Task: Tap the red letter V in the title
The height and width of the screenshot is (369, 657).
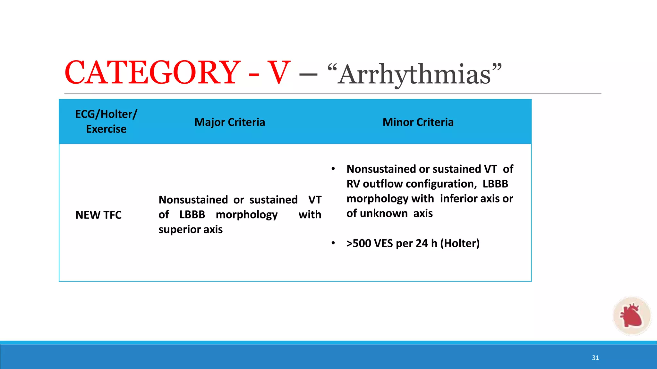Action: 279,73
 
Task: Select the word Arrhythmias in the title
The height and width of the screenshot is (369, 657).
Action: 414,74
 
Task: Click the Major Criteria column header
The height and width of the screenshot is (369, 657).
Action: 230,122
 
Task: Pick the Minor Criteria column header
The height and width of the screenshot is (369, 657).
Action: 418,122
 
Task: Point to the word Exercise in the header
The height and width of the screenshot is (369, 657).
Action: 106,129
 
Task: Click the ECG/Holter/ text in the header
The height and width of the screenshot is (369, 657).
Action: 106,114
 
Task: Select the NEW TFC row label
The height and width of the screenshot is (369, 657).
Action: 98,215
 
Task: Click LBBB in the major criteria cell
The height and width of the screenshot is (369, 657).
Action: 192,214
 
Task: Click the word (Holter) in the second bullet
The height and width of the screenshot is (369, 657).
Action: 460,243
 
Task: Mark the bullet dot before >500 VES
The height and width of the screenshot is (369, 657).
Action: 333,243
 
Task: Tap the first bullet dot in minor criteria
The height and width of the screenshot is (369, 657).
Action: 333,169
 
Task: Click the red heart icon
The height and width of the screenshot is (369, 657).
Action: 631,316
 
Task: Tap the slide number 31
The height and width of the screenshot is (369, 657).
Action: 595,358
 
